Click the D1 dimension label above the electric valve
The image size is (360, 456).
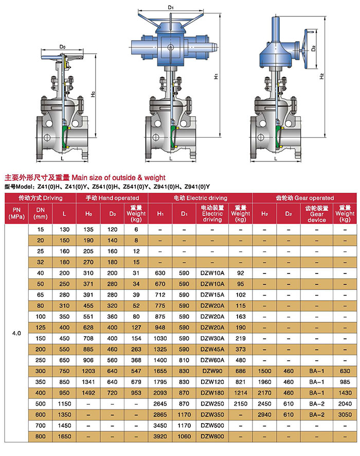tap(171, 7)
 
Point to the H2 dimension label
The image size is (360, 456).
tap(321, 76)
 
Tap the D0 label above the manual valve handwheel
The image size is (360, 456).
tap(62, 47)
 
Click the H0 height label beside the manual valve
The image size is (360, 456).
tap(93, 94)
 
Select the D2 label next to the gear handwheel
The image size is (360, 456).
tap(313, 48)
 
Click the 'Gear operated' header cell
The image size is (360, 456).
tap(304, 198)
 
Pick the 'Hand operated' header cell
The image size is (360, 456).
tap(112, 198)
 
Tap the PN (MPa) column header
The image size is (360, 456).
tap(16, 213)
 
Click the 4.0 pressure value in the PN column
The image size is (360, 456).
tap(16, 333)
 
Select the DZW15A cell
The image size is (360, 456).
tap(212, 295)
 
